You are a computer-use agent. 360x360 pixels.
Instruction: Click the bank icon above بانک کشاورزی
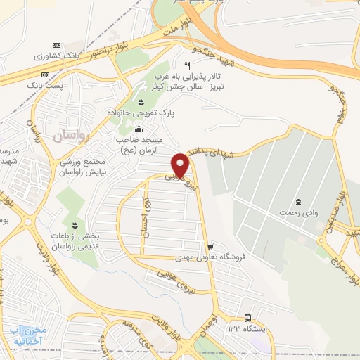(x=56, y=44)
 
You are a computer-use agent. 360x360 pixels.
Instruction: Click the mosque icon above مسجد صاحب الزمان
(x=138, y=129)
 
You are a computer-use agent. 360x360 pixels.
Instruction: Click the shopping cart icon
(x=210, y=247)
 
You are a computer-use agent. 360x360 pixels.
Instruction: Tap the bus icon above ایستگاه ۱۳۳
(x=248, y=317)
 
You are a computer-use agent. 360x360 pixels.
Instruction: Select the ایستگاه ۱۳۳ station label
(x=247, y=328)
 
